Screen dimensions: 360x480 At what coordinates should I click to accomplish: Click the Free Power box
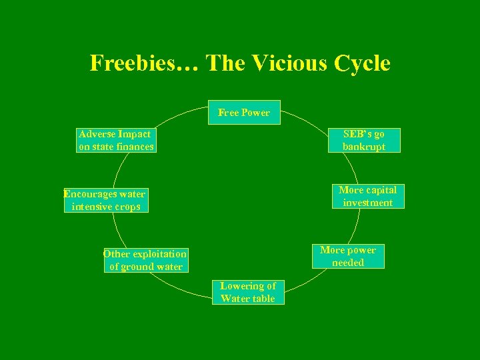pos(244,113)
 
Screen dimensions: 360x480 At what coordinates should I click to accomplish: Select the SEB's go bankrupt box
pos(364,140)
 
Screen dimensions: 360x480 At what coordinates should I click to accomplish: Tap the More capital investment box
pos(368,196)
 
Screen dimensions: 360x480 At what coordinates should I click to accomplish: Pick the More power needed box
pos(348,256)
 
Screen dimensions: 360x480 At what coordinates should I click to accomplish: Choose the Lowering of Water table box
pos(248,292)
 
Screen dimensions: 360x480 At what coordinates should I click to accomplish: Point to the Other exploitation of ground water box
pos(145,260)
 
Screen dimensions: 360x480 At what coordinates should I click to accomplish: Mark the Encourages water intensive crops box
pos(105,200)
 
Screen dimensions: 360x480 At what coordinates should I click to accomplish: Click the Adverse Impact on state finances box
pos(116,140)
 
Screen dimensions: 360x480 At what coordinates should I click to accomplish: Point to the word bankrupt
pos(364,147)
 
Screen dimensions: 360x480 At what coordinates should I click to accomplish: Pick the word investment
pos(368,203)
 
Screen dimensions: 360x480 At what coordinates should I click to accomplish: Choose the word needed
pos(348,263)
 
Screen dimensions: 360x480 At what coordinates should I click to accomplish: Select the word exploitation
pos(159,254)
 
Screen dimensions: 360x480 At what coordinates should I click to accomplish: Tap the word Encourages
pos(89,194)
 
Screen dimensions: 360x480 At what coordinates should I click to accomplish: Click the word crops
pos(126,207)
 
